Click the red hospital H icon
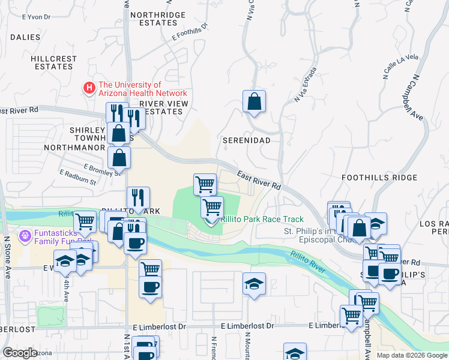(x=89, y=89)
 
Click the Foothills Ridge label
(x=379, y=178)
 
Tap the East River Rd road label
(x=259, y=178)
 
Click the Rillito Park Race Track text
(x=262, y=220)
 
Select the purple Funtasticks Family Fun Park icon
(x=25, y=235)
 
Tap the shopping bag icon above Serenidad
(x=255, y=101)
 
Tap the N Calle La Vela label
(x=400, y=66)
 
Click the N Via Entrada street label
(x=306, y=85)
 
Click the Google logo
(x=20, y=353)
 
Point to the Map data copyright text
(x=412, y=355)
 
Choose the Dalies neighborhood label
(x=25, y=37)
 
